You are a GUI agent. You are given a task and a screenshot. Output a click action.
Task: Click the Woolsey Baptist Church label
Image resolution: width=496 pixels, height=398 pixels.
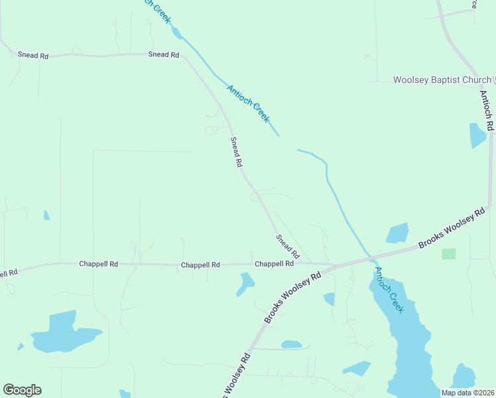point(442,80)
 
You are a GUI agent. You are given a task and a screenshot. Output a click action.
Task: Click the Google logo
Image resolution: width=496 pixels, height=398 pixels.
point(22,390)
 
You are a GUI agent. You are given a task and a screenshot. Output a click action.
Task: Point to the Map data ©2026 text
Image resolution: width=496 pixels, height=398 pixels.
point(468,393)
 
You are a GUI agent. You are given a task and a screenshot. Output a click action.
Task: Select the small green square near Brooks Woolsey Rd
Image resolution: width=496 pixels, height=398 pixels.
point(449,253)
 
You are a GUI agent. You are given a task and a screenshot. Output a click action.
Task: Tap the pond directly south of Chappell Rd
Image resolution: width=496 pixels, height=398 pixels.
point(245,284)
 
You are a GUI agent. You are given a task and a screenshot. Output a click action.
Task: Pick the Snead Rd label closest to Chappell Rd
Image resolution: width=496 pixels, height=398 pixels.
point(288,247)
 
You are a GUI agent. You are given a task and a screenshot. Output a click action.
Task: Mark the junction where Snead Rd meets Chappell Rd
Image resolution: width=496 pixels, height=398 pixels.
point(300,263)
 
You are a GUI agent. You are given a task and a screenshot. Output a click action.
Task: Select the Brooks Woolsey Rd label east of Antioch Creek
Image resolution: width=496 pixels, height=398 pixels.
point(452,229)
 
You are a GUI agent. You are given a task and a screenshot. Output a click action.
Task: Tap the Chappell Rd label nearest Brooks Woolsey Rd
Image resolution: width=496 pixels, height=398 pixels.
point(275,263)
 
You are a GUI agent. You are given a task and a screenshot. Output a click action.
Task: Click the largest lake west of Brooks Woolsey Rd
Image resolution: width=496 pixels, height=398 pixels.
point(62,332)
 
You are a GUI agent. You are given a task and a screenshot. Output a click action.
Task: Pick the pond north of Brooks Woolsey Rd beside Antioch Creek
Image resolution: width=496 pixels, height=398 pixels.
point(397,233)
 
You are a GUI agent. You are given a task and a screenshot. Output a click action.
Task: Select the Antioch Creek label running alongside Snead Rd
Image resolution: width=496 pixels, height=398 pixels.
point(247,103)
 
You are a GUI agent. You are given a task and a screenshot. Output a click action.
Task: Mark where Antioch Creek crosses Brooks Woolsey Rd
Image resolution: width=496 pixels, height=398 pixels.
point(370,255)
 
